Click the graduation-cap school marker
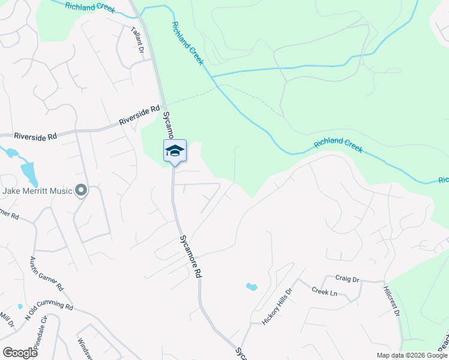click(175, 150)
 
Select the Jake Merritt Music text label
click(37, 191)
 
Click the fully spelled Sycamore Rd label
click(189, 256)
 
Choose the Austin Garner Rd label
click(47, 275)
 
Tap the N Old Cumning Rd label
click(49, 314)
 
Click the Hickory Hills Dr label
click(277, 306)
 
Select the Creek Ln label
click(324, 291)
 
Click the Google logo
click(20, 353)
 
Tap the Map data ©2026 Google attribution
click(411, 355)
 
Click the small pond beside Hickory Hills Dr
click(252, 287)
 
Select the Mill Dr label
click(7, 320)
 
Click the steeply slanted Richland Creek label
click(188, 44)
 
